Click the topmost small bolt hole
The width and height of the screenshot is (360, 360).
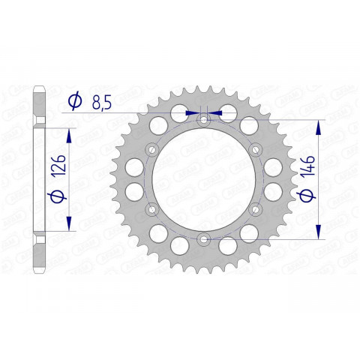[203, 120]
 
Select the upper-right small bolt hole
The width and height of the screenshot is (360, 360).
[254, 148]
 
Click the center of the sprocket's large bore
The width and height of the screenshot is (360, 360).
[203, 179]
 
